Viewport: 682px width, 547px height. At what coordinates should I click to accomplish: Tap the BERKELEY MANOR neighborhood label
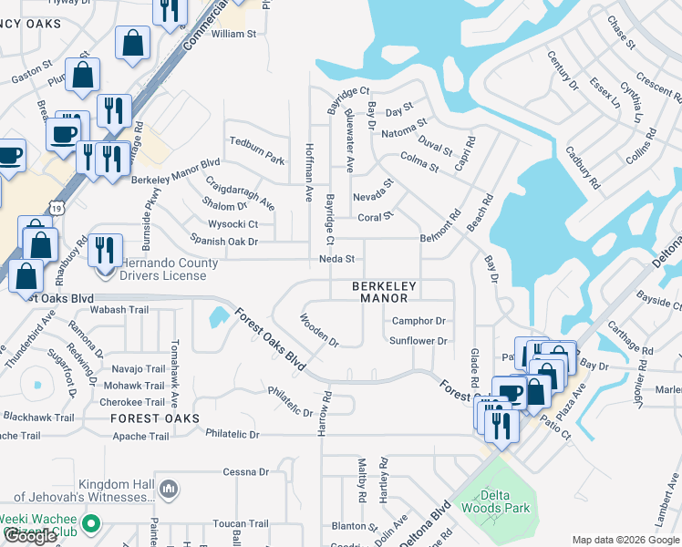click(x=385, y=292)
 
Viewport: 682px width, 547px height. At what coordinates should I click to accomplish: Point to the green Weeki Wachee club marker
click(x=90, y=524)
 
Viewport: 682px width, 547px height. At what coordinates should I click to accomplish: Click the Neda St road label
click(x=336, y=259)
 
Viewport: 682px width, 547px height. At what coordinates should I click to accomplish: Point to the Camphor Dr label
click(x=418, y=321)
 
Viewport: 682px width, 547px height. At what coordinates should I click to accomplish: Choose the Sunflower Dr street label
click(x=418, y=341)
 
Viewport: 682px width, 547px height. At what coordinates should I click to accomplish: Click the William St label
click(x=234, y=34)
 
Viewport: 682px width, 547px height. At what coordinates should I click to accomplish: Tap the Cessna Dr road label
click(x=246, y=472)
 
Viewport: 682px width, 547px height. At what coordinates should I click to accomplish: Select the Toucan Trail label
click(x=241, y=524)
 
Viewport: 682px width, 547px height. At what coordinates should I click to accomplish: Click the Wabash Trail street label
click(x=119, y=310)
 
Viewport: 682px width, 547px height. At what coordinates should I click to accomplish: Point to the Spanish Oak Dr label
click(x=224, y=242)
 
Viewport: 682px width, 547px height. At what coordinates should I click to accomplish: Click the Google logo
click(x=31, y=536)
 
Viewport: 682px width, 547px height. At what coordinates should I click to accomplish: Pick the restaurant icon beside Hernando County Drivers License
click(x=106, y=249)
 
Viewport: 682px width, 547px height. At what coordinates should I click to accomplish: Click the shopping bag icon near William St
click(x=133, y=42)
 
